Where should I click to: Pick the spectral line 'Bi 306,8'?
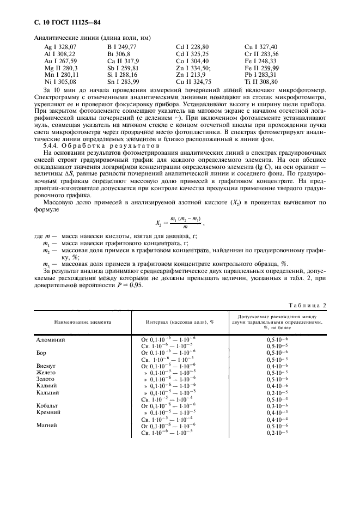coord(120,54)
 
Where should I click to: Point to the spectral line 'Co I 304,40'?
coord(192,61)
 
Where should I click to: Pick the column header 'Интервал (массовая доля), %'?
coord(179,322)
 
